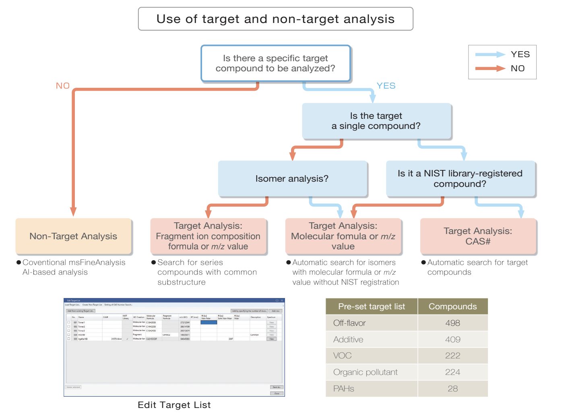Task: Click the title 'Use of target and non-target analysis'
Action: click(x=275, y=19)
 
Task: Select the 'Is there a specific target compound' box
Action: click(x=275, y=63)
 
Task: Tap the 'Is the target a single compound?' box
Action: click(x=376, y=121)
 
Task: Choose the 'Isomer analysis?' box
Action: click(x=292, y=178)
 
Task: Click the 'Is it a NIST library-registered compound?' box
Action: click(x=460, y=178)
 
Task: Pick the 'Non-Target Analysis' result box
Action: click(x=73, y=236)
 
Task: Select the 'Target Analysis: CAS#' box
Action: click(x=478, y=236)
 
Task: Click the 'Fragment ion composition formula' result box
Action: click(x=208, y=236)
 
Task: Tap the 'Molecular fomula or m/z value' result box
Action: click(x=343, y=236)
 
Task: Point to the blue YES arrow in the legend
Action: click(x=490, y=55)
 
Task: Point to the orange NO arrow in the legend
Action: click(x=490, y=68)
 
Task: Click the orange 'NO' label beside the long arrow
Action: click(x=63, y=86)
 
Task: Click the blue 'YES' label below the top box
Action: click(x=386, y=86)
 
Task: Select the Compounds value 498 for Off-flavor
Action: click(x=452, y=323)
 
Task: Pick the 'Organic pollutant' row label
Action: click(x=365, y=372)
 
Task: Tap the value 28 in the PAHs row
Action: click(x=452, y=389)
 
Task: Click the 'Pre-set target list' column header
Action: click(x=372, y=306)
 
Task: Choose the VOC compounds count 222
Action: click(x=452, y=356)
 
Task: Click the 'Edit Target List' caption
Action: click(x=174, y=405)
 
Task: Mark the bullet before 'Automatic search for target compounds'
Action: click(x=423, y=263)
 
